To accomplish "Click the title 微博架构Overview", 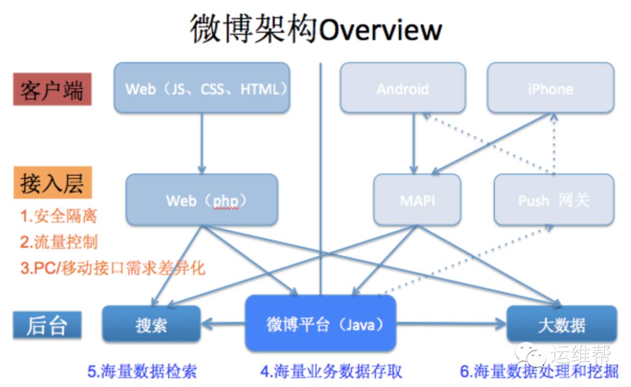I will coord(315,29).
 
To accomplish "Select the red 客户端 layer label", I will coord(52,90).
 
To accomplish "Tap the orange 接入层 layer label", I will coord(52,183).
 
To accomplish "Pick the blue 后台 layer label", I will coord(47,324).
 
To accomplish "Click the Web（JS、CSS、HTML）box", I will coord(202,88).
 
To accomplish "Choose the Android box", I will coord(403,88).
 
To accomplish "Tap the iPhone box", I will coord(550,88).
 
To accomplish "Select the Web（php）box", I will coord(202,200).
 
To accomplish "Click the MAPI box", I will coord(417,200).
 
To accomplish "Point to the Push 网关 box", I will coord(554,200).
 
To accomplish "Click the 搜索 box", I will coord(151,324).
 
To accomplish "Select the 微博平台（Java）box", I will coord(320,323).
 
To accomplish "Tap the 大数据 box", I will coord(562,324).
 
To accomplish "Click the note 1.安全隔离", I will coord(59,216).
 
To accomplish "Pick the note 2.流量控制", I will coord(59,242).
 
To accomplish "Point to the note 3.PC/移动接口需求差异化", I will coord(112,268).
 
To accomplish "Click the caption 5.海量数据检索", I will coord(142,371).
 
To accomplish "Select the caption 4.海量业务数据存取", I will coord(331,371).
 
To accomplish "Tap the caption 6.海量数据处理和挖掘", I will coord(539,371).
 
